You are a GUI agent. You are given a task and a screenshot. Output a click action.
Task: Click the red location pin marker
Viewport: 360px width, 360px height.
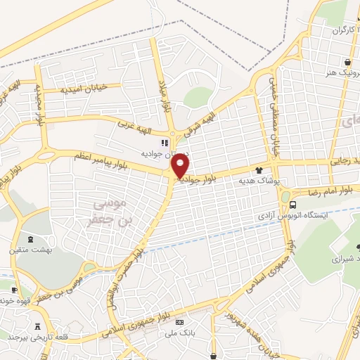point(181,167)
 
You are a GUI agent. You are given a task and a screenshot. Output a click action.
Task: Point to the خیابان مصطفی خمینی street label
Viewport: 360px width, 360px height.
point(273,116)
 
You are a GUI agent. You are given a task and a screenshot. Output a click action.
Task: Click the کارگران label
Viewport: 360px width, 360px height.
point(335,31)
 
